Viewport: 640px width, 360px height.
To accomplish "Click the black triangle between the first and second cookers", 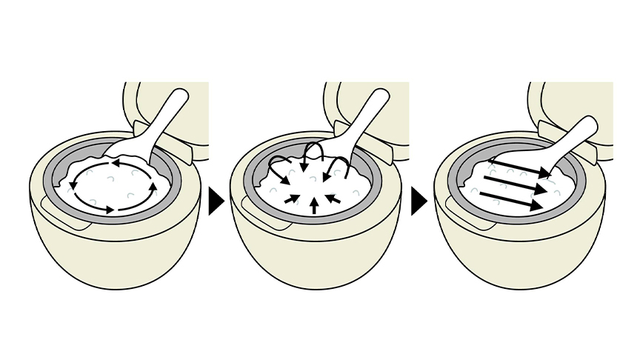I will click(215, 201).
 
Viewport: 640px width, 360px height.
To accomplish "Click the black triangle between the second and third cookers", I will click(419, 201).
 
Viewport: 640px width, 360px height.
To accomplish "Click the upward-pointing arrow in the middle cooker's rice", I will click(314, 204).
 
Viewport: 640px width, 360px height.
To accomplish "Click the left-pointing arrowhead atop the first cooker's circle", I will click(119, 160).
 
